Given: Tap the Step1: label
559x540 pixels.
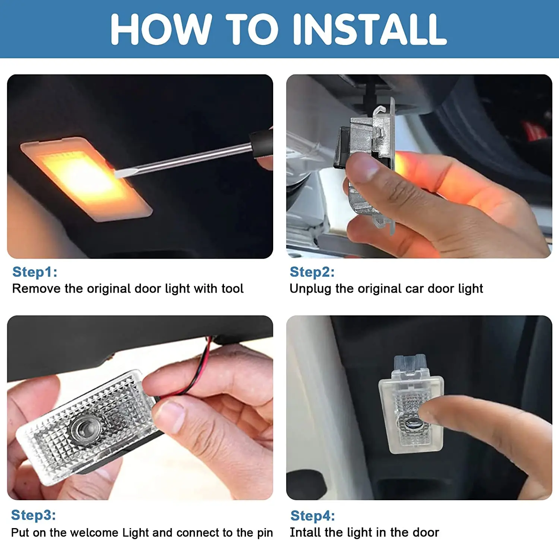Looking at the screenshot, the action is [35, 272].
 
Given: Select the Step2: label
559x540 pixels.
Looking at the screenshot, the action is [312, 272].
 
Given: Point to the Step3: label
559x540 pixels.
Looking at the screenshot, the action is [34, 515].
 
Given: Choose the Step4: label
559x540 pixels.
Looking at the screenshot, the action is [313, 516].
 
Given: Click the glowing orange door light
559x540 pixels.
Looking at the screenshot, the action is [86, 179].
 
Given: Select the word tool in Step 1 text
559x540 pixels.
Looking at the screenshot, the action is [232, 288].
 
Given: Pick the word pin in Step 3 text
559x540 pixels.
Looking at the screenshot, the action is [263, 533].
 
